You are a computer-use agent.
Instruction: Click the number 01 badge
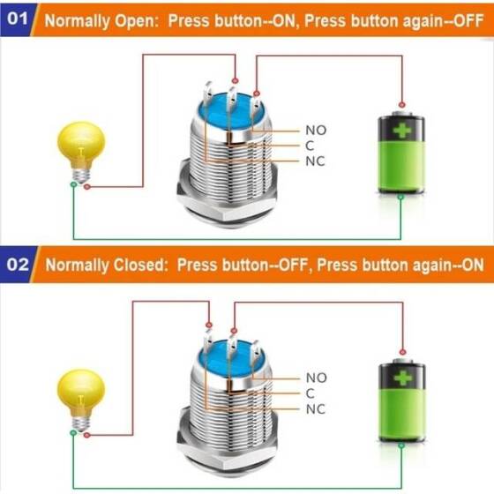click(19, 18)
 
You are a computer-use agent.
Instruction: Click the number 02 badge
click(19, 264)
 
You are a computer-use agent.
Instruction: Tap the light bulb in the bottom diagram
click(81, 396)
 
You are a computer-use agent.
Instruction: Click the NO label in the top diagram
click(316, 131)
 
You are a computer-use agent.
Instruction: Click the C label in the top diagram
click(310, 146)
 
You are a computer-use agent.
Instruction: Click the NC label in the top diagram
click(315, 162)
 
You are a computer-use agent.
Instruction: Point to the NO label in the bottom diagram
click(316, 378)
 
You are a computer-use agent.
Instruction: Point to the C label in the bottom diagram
click(310, 393)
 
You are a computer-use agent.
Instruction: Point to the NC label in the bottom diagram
click(315, 409)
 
